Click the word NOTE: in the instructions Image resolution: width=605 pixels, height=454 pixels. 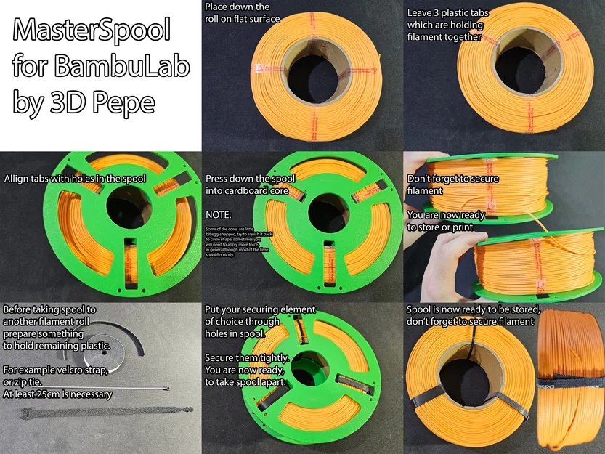pos(219,216)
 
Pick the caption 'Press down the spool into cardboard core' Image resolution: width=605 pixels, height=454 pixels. pos(247,185)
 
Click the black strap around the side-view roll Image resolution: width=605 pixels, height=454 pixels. pos(571,379)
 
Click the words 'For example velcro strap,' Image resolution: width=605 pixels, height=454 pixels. pos(55,371)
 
